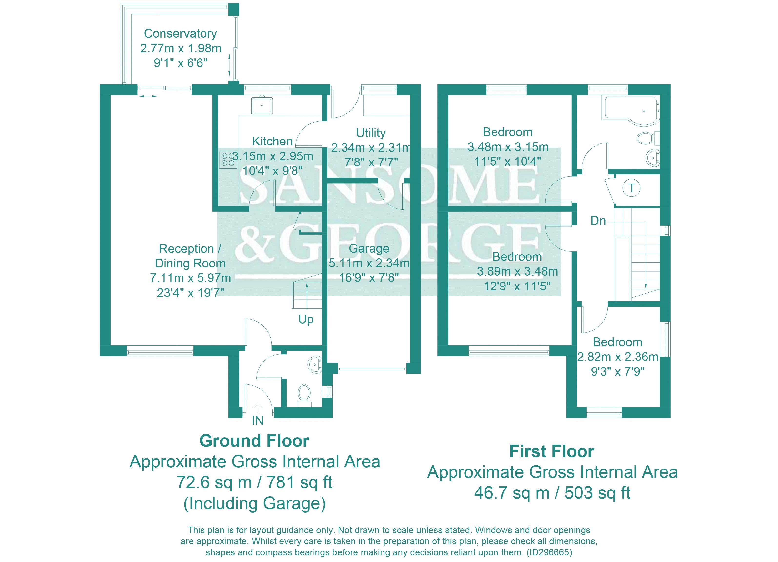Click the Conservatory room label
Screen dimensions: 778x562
click(x=181, y=34)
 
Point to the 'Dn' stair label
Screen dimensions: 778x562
click(x=598, y=221)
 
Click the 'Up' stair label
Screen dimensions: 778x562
click(x=306, y=319)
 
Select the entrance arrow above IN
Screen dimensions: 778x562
click(x=257, y=407)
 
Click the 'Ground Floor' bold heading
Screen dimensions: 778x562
click(x=254, y=441)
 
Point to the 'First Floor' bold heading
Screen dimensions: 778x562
click(x=552, y=451)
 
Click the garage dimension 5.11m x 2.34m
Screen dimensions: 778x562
click(x=369, y=263)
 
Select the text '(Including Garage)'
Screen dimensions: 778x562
click(x=254, y=503)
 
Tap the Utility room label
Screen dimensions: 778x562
click(x=371, y=133)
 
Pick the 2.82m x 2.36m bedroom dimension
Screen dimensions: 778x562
click(x=617, y=357)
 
